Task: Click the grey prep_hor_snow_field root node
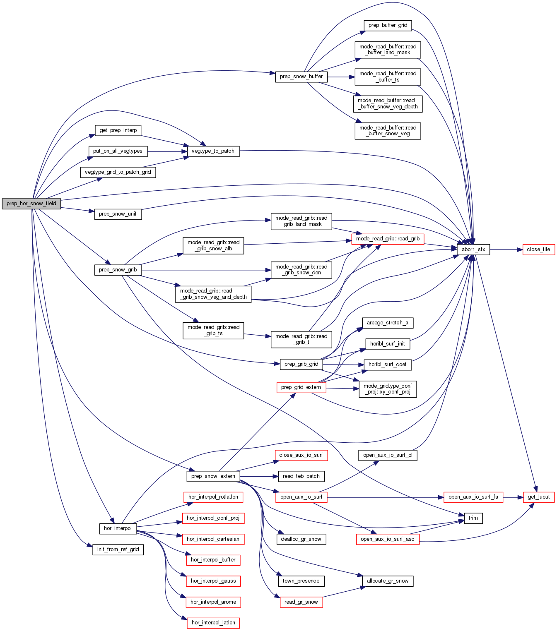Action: [31, 204]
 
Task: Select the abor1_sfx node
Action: [473, 250]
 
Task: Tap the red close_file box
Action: [538, 250]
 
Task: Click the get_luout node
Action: [538, 497]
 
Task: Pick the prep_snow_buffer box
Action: [301, 77]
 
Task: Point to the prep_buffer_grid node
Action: [388, 25]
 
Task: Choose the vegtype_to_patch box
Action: [213, 151]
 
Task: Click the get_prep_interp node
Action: [118, 130]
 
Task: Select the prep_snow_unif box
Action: [118, 214]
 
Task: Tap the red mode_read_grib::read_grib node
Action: [388, 239]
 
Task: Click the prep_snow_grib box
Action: [118, 270]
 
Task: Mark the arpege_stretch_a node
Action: [387, 323]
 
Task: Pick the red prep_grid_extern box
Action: [301, 387]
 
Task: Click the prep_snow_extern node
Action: [213, 476]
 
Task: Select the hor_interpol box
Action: [118, 528]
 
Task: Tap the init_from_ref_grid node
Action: [118, 549]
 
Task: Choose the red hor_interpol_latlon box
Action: [213, 623]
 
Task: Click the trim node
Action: [473, 518]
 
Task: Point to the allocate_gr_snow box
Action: [387, 581]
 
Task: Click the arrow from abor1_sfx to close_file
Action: [505, 250]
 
